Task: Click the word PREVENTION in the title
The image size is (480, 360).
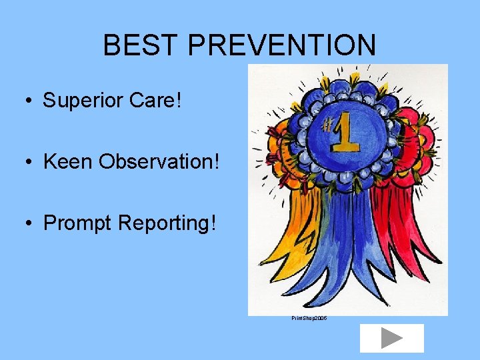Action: [281, 45]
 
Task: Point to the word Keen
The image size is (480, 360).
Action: [68, 162]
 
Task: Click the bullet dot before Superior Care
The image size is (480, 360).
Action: [31, 101]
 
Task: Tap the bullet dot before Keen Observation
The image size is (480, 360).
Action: [31, 163]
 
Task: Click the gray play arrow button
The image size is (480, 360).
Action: [391, 338]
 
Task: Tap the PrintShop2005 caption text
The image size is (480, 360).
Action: [309, 319]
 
